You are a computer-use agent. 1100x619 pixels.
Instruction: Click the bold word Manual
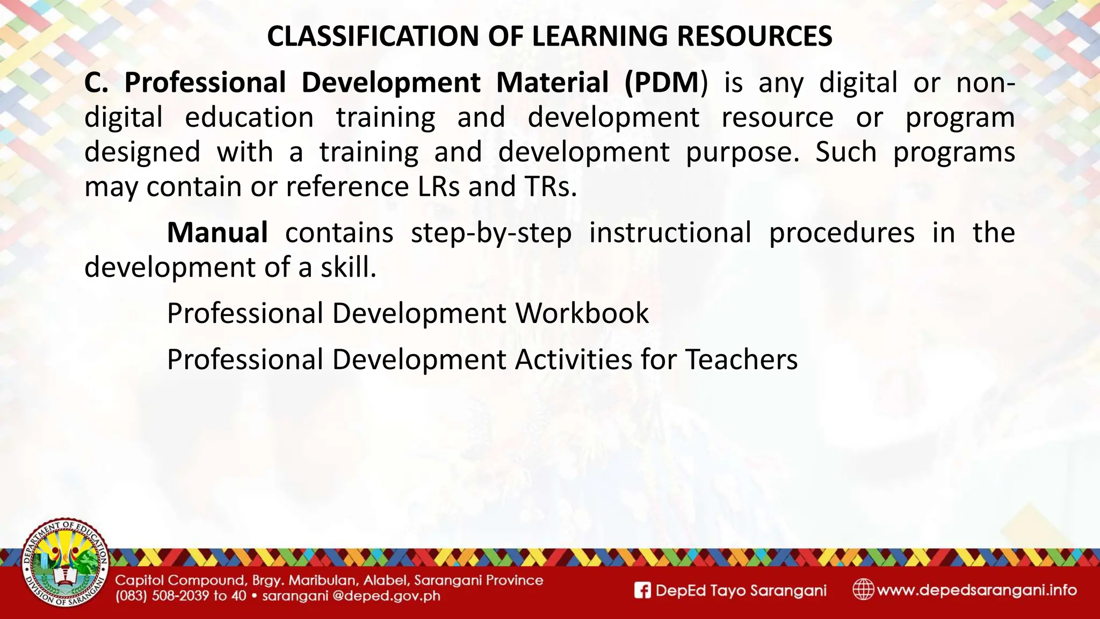click(217, 233)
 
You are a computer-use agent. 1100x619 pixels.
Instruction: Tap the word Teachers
click(741, 359)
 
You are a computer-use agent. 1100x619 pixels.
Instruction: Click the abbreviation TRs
click(547, 186)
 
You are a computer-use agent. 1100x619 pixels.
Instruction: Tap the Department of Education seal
click(65, 564)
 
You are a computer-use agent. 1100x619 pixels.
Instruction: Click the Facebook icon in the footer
click(642, 591)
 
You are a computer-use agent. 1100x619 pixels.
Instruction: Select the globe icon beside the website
click(863, 589)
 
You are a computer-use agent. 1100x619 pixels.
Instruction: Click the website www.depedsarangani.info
click(976, 590)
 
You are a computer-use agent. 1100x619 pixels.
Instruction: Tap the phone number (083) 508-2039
click(161, 596)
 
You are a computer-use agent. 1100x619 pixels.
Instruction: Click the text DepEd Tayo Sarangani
click(741, 591)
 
